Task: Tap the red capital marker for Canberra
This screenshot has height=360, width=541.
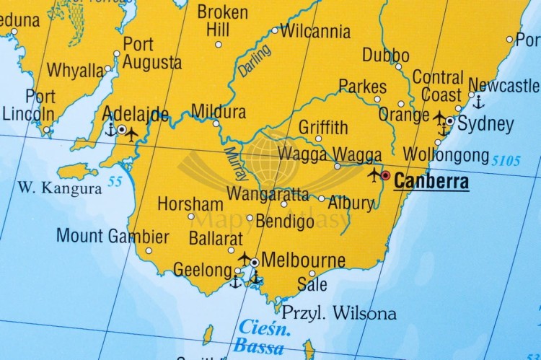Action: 386,175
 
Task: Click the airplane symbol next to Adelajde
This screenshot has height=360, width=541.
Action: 133,133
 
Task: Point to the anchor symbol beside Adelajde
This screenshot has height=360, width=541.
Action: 110,131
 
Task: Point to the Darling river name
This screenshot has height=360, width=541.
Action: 255,60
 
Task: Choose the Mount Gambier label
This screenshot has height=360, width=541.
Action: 113,236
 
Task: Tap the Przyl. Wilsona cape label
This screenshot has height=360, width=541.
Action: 338,313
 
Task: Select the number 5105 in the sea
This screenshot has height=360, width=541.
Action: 506,160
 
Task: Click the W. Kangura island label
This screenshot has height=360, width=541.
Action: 60,189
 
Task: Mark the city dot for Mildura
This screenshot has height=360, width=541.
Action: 216,123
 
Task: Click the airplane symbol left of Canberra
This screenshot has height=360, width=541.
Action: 374,175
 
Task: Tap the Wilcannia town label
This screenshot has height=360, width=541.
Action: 315,32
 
